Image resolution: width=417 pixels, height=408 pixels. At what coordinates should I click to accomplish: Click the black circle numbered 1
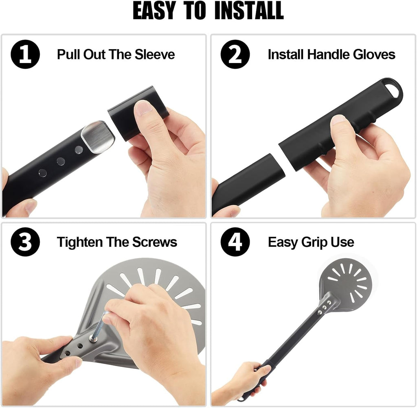click(25, 54)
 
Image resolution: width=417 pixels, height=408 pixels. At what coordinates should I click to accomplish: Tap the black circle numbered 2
click(235, 54)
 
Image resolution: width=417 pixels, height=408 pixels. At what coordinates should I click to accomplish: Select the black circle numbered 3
click(25, 242)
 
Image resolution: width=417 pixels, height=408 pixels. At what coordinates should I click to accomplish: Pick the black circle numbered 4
click(235, 242)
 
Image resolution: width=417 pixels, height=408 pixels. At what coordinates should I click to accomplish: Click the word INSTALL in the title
click(249, 11)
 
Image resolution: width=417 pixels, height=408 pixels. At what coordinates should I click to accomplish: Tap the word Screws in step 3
click(154, 242)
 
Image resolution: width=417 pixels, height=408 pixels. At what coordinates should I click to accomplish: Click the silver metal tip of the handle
click(98, 137)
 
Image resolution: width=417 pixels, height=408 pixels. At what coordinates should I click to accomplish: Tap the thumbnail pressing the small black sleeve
click(144, 107)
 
